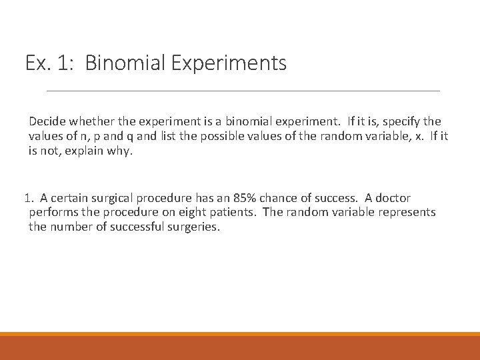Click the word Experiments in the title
coord(229,63)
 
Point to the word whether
coord(90,122)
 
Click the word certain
coord(69,198)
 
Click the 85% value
coord(244,198)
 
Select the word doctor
coord(393,198)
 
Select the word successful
coord(139,227)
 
